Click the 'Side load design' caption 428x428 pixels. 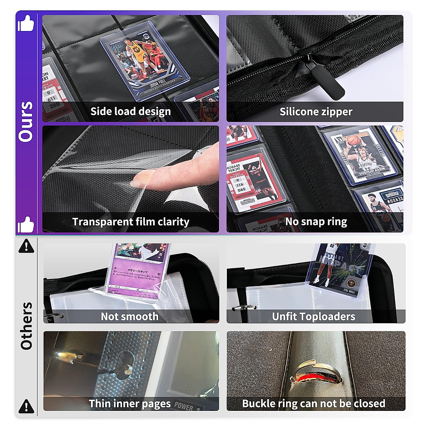[131, 112]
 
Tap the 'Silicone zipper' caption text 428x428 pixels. [316, 112]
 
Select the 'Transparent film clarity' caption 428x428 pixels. [131, 222]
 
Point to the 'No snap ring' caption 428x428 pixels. [316, 222]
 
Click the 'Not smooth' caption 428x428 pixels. [129, 316]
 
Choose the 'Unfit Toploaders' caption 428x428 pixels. [314, 316]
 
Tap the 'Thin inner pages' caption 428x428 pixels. [130, 403]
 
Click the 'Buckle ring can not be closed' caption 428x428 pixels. [314, 403]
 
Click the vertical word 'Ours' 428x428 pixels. [26, 122]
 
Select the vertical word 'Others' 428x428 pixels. [26, 326]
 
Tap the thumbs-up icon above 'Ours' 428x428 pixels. [26, 23]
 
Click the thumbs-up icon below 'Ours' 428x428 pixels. [26, 225]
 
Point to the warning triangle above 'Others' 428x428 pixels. [26, 246]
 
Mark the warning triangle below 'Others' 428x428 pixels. [26, 406]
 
